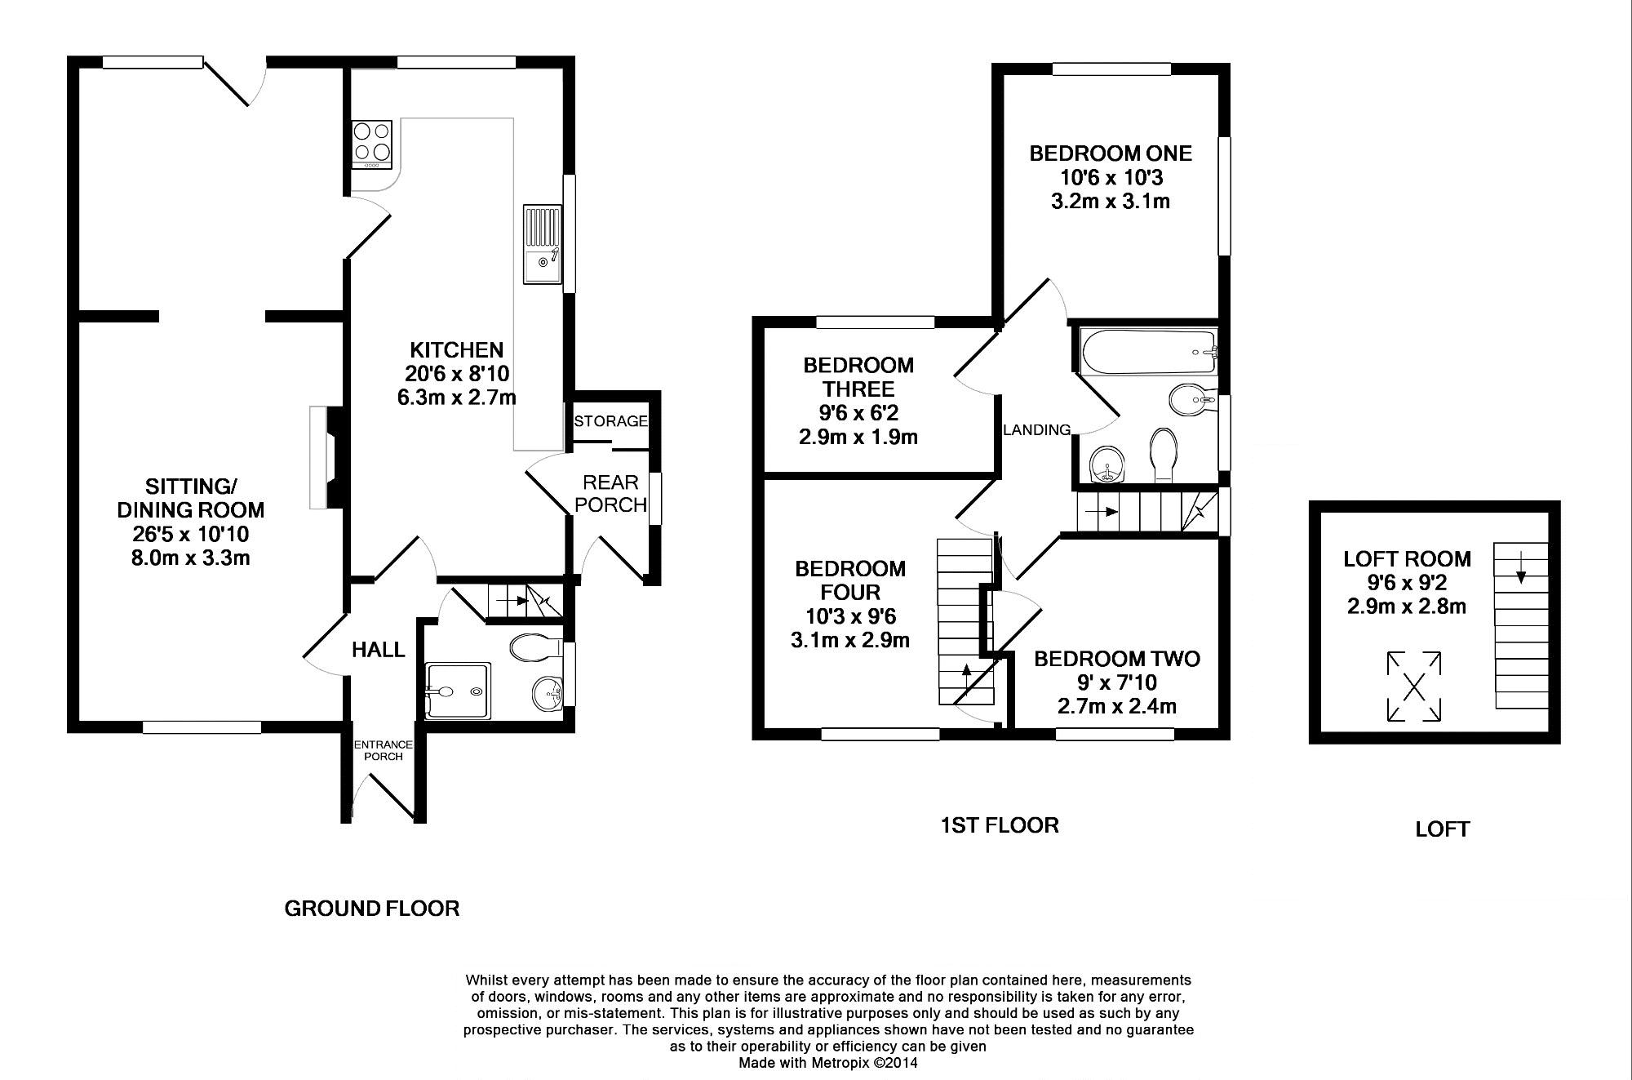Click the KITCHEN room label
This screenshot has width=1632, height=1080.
456,350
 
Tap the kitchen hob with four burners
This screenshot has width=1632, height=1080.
372,144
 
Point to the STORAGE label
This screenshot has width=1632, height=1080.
611,421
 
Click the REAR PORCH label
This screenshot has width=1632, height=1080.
611,494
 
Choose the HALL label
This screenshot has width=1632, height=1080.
379,650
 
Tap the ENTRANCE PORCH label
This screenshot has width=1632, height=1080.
384,750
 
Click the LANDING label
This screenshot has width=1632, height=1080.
1036,430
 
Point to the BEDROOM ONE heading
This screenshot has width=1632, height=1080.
1111,153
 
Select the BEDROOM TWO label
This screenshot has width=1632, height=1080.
1117,659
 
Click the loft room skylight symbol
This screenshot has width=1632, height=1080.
1414,687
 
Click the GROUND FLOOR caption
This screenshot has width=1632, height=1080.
372,909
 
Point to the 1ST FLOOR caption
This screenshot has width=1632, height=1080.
1000,825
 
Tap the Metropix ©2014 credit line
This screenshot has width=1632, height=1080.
828,1063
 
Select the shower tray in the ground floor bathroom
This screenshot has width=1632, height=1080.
459,691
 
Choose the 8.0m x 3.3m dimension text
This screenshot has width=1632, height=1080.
190,558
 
